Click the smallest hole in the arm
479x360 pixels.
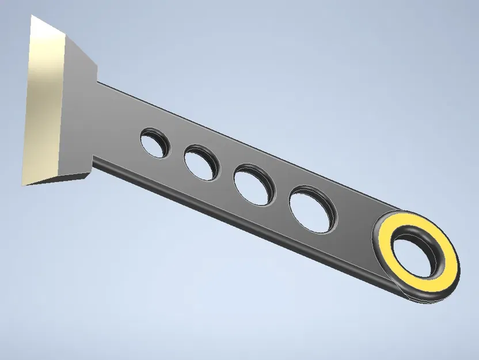pos(155,143)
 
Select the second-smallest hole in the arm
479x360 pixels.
pos(201,162)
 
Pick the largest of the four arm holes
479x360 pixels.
pos(312,209)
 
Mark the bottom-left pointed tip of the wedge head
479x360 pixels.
pos(24,184)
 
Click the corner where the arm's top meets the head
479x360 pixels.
pos(97,82)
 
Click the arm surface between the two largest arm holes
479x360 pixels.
pos(282,196)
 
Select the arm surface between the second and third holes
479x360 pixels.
pos(226,173)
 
